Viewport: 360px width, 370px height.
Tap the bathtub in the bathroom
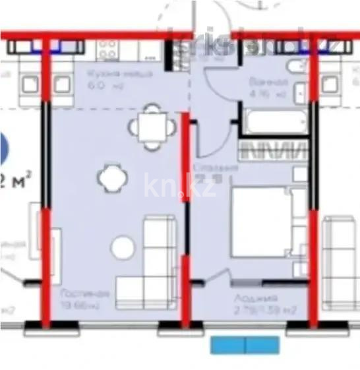(272, 122)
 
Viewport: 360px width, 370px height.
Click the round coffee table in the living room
(123, 248)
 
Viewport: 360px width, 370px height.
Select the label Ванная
(267, 82)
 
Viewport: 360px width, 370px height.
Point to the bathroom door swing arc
(218, 86)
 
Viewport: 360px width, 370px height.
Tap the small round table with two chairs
(108, 177)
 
